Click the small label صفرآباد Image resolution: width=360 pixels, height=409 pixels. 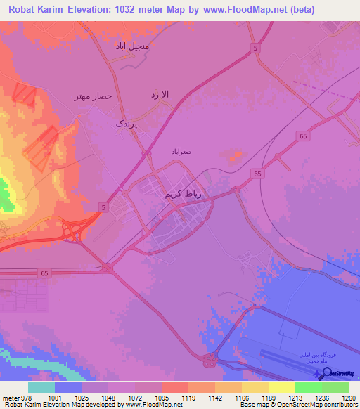click(x=182, y=150)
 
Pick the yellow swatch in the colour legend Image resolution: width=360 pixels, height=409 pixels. click(x=282, y=387)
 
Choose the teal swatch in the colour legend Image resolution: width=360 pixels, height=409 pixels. click(x=41, y=387)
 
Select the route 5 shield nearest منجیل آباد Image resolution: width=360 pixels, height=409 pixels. click(x=254, y=47)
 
